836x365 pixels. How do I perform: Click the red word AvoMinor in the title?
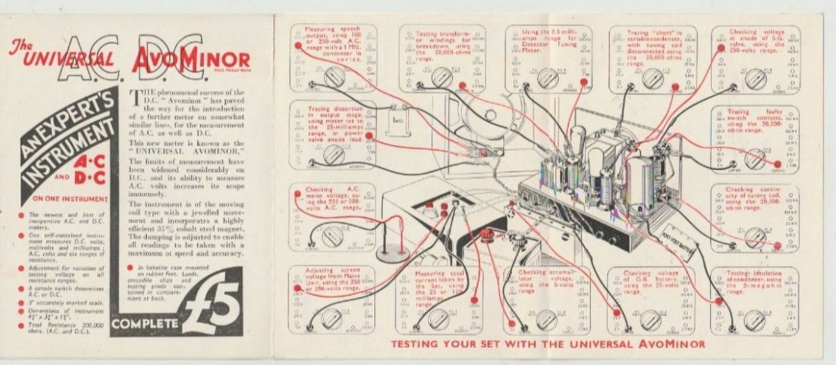pos(191,61)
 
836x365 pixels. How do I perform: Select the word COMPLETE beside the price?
pos(145,324)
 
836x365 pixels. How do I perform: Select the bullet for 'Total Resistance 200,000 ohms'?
pos(21,325)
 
